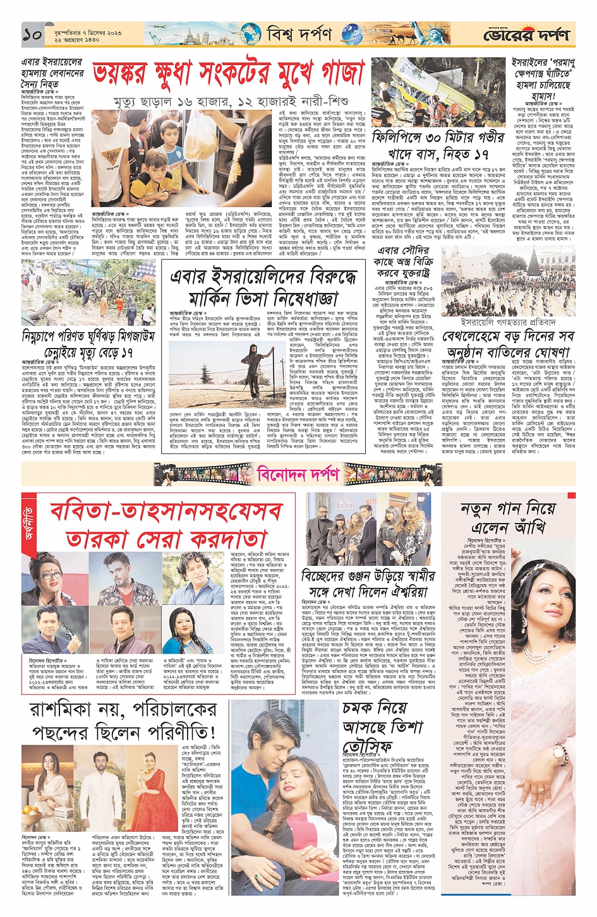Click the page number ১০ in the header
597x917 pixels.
pyautogui.click(x=32, y=35)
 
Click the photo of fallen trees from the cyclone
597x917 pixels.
pyautogui.click(x=88, y=292)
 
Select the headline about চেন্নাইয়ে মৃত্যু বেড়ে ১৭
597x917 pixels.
pyautogui.click(x=88, y=352)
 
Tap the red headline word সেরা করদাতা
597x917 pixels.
pyautogui.click(x=166, y=539)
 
